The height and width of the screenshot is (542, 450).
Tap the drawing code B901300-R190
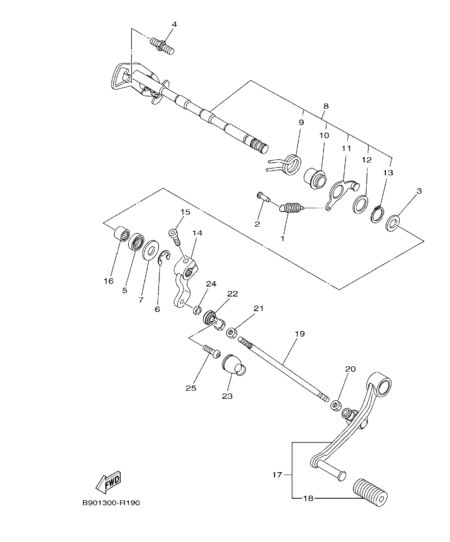tap(111, 503)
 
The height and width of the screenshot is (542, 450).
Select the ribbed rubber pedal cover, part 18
tap(370, 492)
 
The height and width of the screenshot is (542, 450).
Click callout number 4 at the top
tap(174, 24)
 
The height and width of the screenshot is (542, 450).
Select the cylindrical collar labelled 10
tap(315, 178)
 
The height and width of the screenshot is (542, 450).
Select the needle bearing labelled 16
tap(121, 233)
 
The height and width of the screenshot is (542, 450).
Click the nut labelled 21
tap(231, 332)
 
